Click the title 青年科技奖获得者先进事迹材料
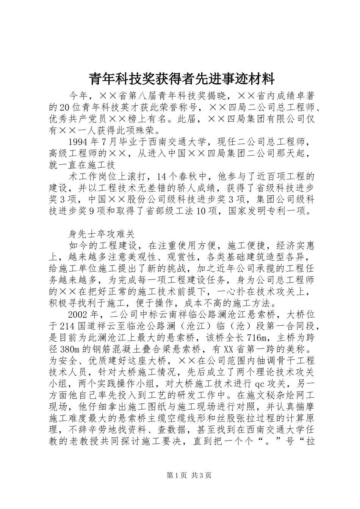[x=181, y=79]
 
